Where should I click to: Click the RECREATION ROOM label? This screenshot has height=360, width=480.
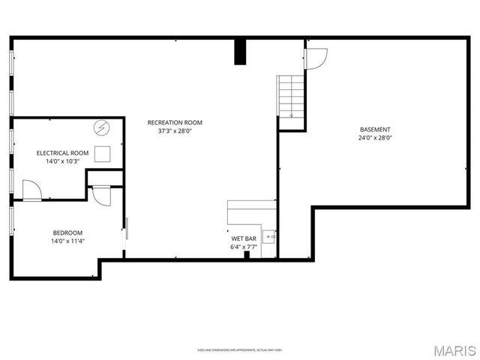pyautogui.click(x=174, y=122)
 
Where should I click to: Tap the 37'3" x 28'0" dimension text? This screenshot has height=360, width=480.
pyautogui.click(x=174, y=130)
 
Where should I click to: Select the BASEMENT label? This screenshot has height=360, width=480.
pyautogui.click(x=375, y=129)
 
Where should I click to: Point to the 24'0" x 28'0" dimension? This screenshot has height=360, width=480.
pyautogui.click(x=375, y=138)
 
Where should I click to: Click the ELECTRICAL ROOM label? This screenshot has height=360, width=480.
pyautogui.click(x=63, y=153)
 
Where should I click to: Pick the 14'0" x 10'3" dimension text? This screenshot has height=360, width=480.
pyautogui.click(x=63, y=161)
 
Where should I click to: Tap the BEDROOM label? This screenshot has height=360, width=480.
pyautogui.click(x=67, y=232)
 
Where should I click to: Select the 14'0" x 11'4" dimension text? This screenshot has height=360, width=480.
pyautogui.click(x=67, y=241)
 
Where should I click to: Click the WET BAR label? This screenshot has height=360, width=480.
pyautogui.click(x=244, y=238)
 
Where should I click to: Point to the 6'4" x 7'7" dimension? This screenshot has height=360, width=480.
pyautogui.click(x=244, y=247)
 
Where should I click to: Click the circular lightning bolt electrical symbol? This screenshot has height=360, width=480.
pyautogui.click(x=101, y=128)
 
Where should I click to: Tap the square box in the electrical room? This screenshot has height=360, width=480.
pyautogui.click(x=103, y=154)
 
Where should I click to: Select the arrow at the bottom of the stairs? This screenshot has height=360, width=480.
pyautogui.click(x=291, y=114)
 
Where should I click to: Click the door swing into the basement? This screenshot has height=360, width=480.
pyautogui.click(x=316, y=58)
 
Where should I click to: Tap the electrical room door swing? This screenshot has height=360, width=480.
pyautogui.click(x=31, y=190)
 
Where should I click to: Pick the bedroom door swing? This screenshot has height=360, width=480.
pyautogui.click(x=100, y=195)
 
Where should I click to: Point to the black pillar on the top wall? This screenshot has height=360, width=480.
pyautogui.click(x=240, y=52)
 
